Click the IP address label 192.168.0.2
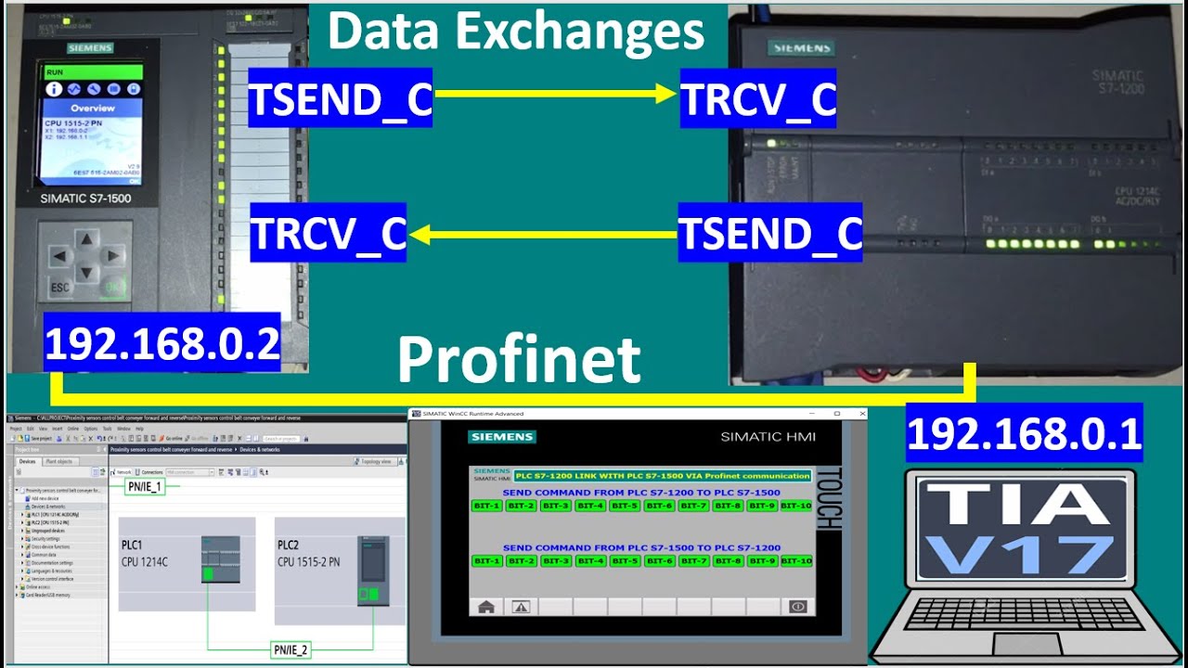(162, 343)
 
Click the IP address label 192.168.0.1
(1025, 433)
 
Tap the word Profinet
(519, 360)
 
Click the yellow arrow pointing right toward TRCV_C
(555, 93)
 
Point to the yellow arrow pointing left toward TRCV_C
(543, 236)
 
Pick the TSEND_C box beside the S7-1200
(770, 234)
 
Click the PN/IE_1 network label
(144, 487)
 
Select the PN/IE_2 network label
(290, 649)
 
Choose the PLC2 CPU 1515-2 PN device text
(309, 554)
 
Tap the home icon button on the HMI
(485, 606)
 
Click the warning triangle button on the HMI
(521, 606)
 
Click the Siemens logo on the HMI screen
(502, 437)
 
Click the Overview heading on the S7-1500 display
(93, 108)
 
